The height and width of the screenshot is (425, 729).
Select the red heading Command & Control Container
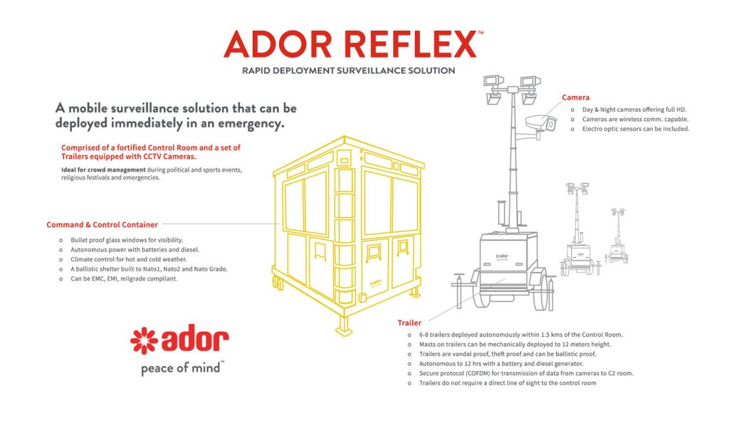point(103,225)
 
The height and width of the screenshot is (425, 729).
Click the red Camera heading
point(575,97)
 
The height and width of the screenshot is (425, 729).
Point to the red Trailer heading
point(409,322)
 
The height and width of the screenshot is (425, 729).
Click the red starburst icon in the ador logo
point(144,341)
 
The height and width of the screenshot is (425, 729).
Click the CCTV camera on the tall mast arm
point(540,125)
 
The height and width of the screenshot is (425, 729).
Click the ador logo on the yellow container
point(376,283)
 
